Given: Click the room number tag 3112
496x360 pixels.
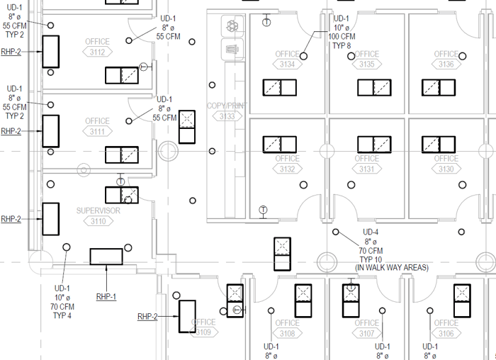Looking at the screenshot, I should tap(98, 52).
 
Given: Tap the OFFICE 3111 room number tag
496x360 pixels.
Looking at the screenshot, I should tap(98, 132).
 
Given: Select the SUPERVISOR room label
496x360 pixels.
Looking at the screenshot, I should tap(98, 210).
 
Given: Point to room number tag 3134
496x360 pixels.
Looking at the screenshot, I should tap(287, 64).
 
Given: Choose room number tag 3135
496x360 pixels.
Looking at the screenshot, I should tap(366, 64).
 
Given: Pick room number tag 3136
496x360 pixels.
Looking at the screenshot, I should tap(446, 64).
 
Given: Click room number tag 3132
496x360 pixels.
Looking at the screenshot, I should tap(287, 169).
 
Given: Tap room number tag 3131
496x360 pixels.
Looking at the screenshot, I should tap(366, 169).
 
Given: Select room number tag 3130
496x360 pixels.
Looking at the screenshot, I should tap(446, 169).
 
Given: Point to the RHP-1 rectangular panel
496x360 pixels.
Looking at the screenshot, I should tap(106, 256).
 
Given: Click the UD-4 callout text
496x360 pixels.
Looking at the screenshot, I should tap(371, 232).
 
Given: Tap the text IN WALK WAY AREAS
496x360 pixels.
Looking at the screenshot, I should tap(392, 267).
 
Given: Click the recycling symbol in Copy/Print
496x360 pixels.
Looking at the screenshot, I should tap(231, 27).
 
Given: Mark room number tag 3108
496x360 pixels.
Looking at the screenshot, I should tap(287, 333).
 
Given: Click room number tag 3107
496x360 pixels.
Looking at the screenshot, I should tap(366, 333).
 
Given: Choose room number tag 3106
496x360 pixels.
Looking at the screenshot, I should tap(446, 333).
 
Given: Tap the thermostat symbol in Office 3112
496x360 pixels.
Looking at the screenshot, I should tap(144, 67).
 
